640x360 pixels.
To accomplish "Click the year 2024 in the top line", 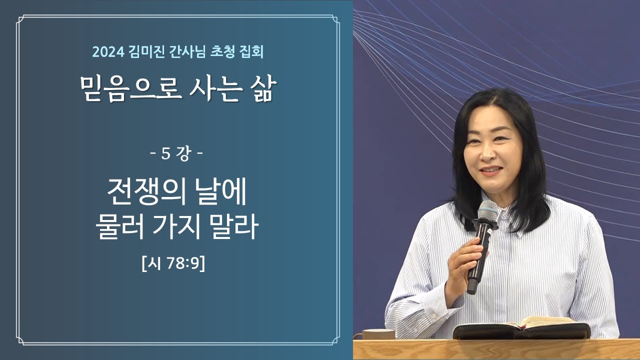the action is coord(108,52).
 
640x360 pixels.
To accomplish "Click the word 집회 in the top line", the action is coord(252,52).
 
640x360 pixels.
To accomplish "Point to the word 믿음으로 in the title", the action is coord(131,88).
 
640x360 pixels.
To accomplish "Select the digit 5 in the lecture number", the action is coord(165,154).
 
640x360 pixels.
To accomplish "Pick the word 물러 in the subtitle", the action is coord(119,226).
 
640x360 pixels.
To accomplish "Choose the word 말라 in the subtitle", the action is coord(234,226).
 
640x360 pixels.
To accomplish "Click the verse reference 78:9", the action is coord(182,263).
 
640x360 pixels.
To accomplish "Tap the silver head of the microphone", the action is coord(487,210).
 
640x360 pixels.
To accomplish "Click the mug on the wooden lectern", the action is coord(378,334).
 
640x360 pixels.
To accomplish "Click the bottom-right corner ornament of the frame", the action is coord(335,340).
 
